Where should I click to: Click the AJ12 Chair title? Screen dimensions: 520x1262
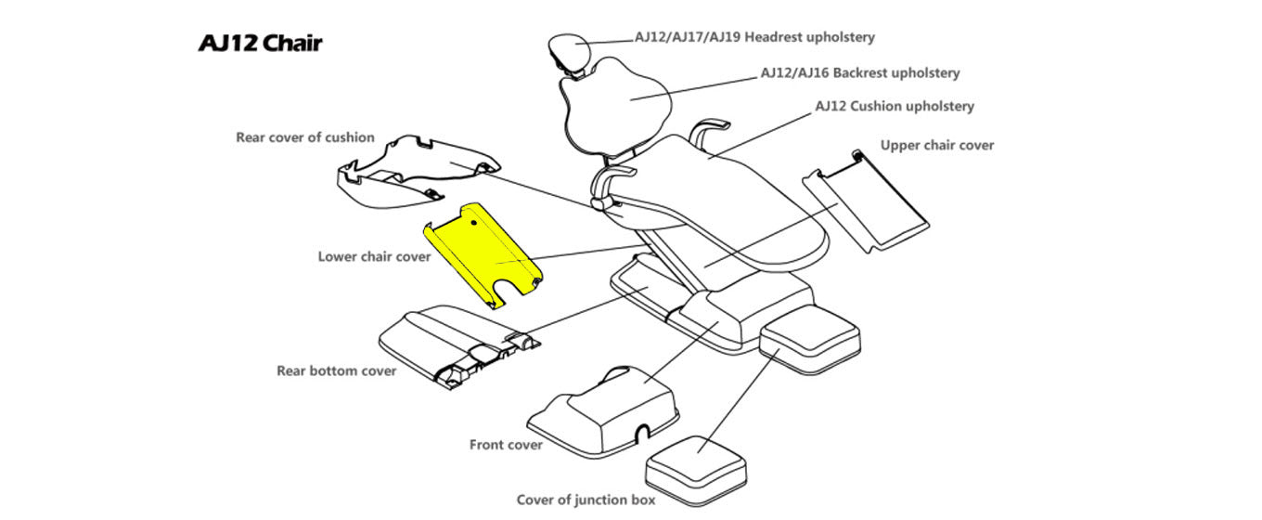point(260,44)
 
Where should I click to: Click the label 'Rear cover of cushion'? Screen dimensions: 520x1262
point(304,137)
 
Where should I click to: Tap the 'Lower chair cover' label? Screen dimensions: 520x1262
point(374,256)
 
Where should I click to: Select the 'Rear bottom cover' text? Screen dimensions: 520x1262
point(336,370)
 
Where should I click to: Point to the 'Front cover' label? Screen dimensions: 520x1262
point(506,445)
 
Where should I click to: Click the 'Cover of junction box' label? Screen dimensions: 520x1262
point(586,500)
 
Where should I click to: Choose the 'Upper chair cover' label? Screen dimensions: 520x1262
point(936,145)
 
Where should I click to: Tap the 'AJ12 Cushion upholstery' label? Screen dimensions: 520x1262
point(894,106)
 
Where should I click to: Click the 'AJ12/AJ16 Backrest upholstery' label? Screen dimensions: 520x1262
point(859,72)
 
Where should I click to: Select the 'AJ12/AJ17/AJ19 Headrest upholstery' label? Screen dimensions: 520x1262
point(754,37)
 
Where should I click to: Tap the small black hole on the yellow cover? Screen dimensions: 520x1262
point(474,223)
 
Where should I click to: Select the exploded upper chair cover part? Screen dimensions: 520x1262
point(868,204)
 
